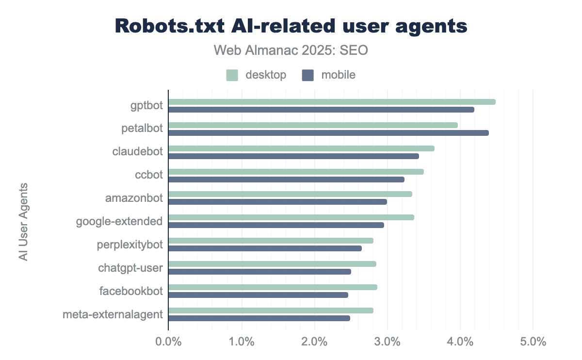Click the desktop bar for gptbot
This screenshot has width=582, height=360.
332,102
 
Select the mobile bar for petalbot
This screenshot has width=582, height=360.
328,133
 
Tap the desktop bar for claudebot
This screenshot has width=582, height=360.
301,148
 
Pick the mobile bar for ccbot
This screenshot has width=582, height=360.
286,180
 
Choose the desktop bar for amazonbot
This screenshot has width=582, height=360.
290,194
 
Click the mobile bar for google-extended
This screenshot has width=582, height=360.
276,225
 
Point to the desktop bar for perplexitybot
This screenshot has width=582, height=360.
271,241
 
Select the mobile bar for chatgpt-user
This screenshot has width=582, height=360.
259,272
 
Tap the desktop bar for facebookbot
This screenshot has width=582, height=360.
273,287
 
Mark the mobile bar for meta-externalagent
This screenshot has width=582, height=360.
259,318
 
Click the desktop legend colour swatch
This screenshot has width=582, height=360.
232,75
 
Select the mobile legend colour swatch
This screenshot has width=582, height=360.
308,75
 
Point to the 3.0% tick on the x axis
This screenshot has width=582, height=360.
387,342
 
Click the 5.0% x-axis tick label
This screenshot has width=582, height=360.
533,342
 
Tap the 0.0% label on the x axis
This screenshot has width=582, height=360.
168,342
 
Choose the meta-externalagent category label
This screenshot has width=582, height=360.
113,314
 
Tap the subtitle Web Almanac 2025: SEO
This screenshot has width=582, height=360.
291,50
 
